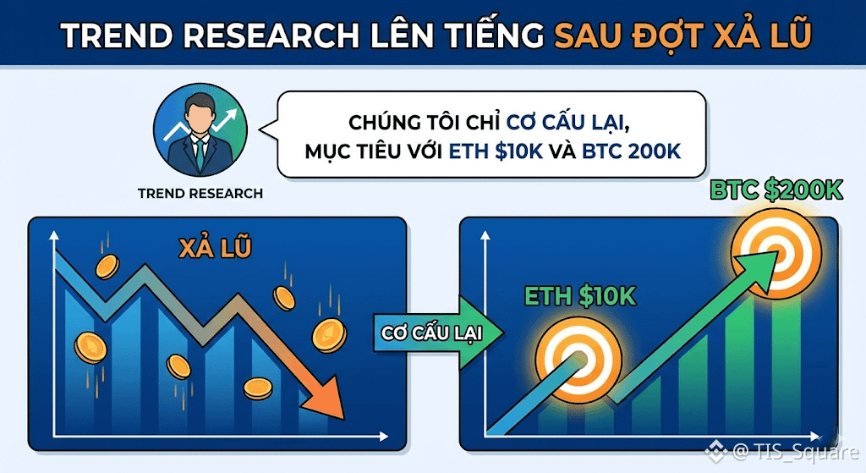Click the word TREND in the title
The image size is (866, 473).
[116, 35]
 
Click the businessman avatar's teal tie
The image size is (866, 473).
[200, 154]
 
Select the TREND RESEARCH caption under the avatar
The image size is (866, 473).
[200, 194]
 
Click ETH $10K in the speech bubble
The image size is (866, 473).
[496, 151]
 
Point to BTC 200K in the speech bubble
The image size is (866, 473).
[631, 151]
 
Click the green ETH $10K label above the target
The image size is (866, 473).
[580, 296]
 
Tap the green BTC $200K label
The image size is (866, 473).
[776, 190]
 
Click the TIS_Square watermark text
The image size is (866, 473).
[795, 452]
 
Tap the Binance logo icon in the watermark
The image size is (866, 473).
[715, 452]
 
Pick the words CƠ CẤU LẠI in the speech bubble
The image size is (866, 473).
[568, 122]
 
